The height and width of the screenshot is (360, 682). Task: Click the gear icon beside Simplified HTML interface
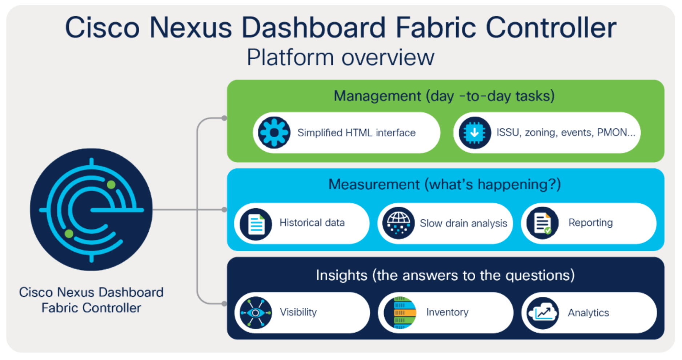pyautogui.click(x=274, y=133)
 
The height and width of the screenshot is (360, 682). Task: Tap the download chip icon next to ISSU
pyautogui.click(x=474, y=133)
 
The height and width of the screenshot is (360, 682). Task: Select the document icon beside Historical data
pyautogui.click(x=256, y=224)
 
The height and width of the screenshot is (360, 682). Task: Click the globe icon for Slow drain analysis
pyautogui.click(x=398, y=223)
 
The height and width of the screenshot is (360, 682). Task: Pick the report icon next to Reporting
pyautogui.click(x=542, y=223)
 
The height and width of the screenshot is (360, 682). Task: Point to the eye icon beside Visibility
pyautogui.click(x=256, y=313)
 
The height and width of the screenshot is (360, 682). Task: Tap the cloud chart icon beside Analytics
pyautogui.click(x=543, y=313)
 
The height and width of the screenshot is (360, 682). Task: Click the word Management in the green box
pyautogui.click(x=377, y=96)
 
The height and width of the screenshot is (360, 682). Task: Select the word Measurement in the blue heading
pyautogui.click(x=374, y=185)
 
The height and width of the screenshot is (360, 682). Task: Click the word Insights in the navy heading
pyautogui.click(x=341, y=275)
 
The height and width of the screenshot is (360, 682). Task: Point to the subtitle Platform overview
pyautogui.click(x=340, y=57)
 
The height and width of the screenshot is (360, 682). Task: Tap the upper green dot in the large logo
pyautogui.click(x=111, y=185)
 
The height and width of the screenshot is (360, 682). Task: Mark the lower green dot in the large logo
pyautogui.click(x=69, y=233)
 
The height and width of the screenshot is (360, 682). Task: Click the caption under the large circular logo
pyautogui.click(x=91, y=300)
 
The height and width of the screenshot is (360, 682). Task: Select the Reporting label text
pyautogui.click(x=590, y=223)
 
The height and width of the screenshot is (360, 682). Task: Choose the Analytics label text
pyautogui.click(x=588, y=313)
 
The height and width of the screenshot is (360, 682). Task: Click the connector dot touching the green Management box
pyautogui.click(x=224, y=118)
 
